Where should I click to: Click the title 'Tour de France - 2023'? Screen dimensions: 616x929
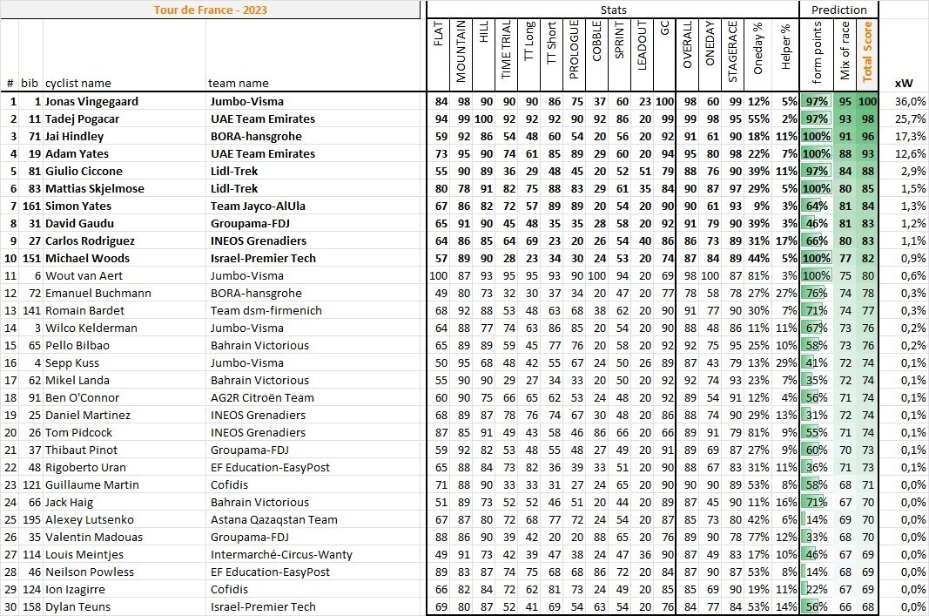point(210,10)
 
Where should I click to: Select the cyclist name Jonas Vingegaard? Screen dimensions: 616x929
point(91,101)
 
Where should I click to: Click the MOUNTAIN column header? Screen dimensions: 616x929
point(461,51)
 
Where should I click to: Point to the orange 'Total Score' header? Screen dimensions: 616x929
point(867,51)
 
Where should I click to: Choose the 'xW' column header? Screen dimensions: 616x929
point(903,84)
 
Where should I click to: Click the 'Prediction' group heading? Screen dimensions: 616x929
point(838,10)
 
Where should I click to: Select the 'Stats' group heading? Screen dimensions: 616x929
point(613,10)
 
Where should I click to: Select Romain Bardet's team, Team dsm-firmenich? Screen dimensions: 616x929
point(266,310)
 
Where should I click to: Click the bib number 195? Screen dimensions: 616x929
point(31,519)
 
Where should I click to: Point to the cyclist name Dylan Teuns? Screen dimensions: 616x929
point(78,606)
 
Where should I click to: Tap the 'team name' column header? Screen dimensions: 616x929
point(238,84)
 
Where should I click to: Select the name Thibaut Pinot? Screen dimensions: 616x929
point(81,450)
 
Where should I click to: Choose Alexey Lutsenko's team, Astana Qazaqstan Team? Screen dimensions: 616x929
point(273,519)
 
